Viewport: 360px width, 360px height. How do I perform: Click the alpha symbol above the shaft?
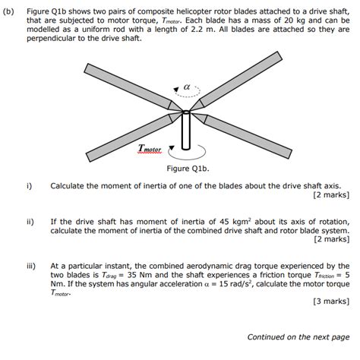pos(186,89)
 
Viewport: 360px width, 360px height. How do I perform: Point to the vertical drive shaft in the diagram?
pos(186,134)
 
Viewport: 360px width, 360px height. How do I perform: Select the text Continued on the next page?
pos(298,337)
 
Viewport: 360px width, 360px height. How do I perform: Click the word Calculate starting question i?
pos(68,185)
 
